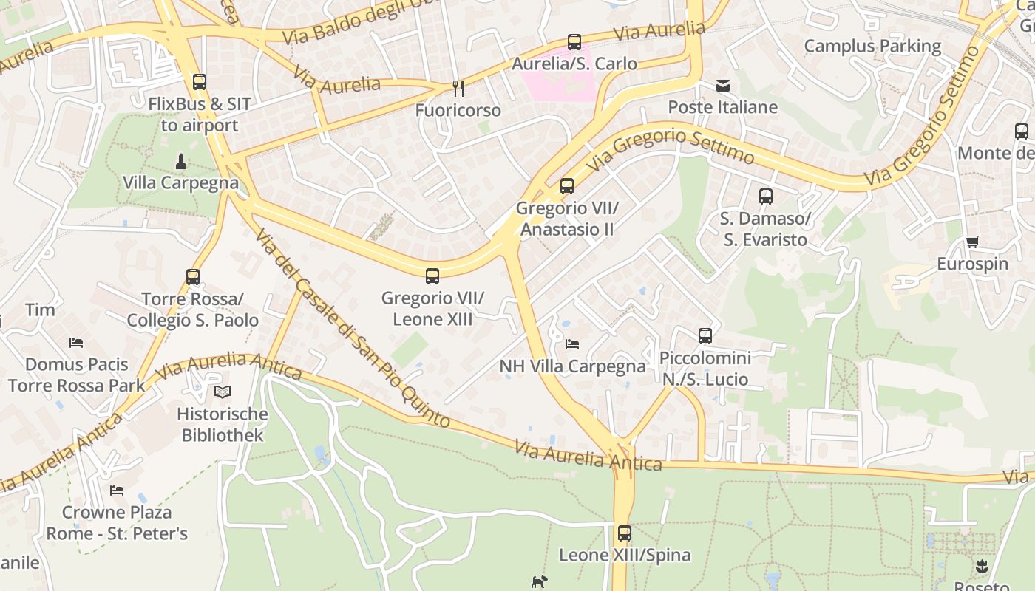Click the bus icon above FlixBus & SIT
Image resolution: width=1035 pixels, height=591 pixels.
point(199,81)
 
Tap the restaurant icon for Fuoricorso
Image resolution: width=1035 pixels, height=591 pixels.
point(458,89)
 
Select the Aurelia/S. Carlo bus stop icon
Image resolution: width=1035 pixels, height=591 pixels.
point(574,42)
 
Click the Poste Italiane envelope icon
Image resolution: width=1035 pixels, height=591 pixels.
point(723,86)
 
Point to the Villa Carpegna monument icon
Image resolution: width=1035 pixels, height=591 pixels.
point(180,161)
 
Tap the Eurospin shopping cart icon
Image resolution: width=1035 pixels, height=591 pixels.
point(972,242)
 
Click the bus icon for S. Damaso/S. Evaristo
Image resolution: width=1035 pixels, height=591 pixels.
point(765,197)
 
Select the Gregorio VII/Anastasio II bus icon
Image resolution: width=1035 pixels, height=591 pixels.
point(567,186)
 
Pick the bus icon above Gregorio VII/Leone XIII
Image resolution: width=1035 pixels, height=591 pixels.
point(432,276)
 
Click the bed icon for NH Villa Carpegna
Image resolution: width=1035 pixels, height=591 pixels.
point(572,344)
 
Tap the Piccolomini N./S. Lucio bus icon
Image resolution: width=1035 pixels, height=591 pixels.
point(705,336)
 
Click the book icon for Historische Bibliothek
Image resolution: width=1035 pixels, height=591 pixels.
point(223,392)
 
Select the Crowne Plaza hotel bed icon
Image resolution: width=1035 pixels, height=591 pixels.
point(117,491)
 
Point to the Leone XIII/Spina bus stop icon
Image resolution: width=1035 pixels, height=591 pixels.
point(625,533)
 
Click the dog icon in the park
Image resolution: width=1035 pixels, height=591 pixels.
point(540,582)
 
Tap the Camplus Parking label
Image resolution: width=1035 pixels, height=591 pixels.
point(872,46)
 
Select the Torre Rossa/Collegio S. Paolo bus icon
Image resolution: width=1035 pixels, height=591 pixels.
point(193,277)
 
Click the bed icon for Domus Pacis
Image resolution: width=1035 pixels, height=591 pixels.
point(76,343)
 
